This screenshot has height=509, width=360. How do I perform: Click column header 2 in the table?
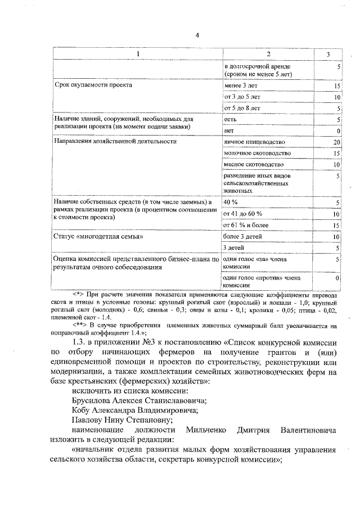[x=268, y=53]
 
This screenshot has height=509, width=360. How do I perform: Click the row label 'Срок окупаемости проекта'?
[x=93, y=85]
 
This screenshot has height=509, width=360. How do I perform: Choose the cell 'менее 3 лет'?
[x=240, y=85]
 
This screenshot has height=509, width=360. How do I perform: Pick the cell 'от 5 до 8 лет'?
[x=242, y=108]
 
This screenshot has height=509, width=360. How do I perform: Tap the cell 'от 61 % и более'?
[x=246, y=225]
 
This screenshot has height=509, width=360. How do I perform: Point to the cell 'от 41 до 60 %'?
[x=243, y=214]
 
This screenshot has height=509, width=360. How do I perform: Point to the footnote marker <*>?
[x=78, y=295]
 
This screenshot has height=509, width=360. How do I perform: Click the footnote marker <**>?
[x=80, y=325]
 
